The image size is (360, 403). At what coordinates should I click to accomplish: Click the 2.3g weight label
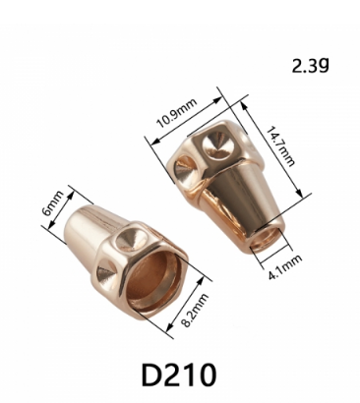pyautogui.click(x=310, y=65)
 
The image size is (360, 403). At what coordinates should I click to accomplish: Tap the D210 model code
pyautogui.click(x=179, y=374)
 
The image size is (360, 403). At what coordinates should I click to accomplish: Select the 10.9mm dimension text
pyautogui.click(x=177, y=113)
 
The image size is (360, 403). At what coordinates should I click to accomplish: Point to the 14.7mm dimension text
pyautogui.click(x=279, y=146)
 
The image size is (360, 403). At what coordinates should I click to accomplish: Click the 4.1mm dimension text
pyautogui.click(x=285, y=267)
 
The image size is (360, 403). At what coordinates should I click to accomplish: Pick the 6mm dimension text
pyautogui.click(x=53, y=203)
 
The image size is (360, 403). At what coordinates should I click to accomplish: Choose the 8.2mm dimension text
pyautogui.click(x=195, y=310)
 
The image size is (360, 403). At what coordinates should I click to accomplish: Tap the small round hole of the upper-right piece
pyautogui.click(x=268, y=239)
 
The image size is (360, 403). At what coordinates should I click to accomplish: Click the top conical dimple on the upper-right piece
pyautogui.click(x=217, y=144)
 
